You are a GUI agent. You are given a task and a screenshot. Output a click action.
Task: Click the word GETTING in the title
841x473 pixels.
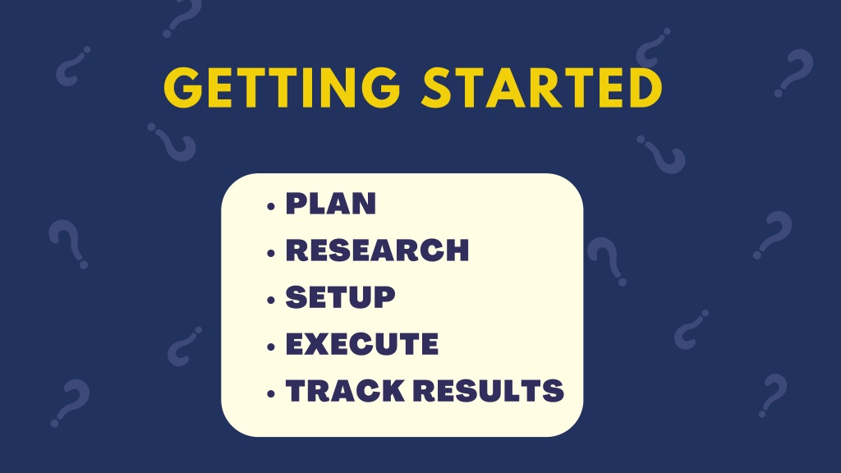(x=283, y=87)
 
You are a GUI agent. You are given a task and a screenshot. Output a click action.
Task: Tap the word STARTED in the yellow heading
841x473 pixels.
(x=542, y=87)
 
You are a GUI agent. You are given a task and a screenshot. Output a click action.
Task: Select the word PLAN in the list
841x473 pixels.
(x=330, y=204)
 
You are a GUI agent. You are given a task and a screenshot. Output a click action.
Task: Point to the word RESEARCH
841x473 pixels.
(x=377, y=250)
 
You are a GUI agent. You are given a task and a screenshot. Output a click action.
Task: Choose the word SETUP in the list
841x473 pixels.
(x=340, y=297)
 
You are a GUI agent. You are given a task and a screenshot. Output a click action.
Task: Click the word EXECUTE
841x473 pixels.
(x=362, y=344)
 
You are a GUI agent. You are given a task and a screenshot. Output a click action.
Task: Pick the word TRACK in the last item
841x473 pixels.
(x=345, y=390)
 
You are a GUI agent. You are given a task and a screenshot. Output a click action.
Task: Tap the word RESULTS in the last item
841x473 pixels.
(x=489, y=390)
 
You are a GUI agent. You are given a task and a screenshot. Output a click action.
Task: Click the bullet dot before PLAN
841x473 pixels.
(x=271, y=206)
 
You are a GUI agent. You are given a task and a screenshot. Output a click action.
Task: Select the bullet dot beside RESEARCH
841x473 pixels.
(x=271, y=253)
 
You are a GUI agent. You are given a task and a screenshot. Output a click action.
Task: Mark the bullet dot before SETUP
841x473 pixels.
(x=271, y=300)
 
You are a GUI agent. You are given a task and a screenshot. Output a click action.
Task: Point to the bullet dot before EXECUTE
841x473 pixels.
(x=271, y=347)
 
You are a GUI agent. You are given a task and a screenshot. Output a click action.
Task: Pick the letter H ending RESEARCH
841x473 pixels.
(x=457, y=250)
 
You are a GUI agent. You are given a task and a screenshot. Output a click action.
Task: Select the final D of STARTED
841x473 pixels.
(x=646, y=87)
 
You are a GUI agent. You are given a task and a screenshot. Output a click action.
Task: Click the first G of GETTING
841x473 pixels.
(x=183, y=87)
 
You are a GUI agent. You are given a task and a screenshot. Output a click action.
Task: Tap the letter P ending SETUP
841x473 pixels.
(x=384, y=297)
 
